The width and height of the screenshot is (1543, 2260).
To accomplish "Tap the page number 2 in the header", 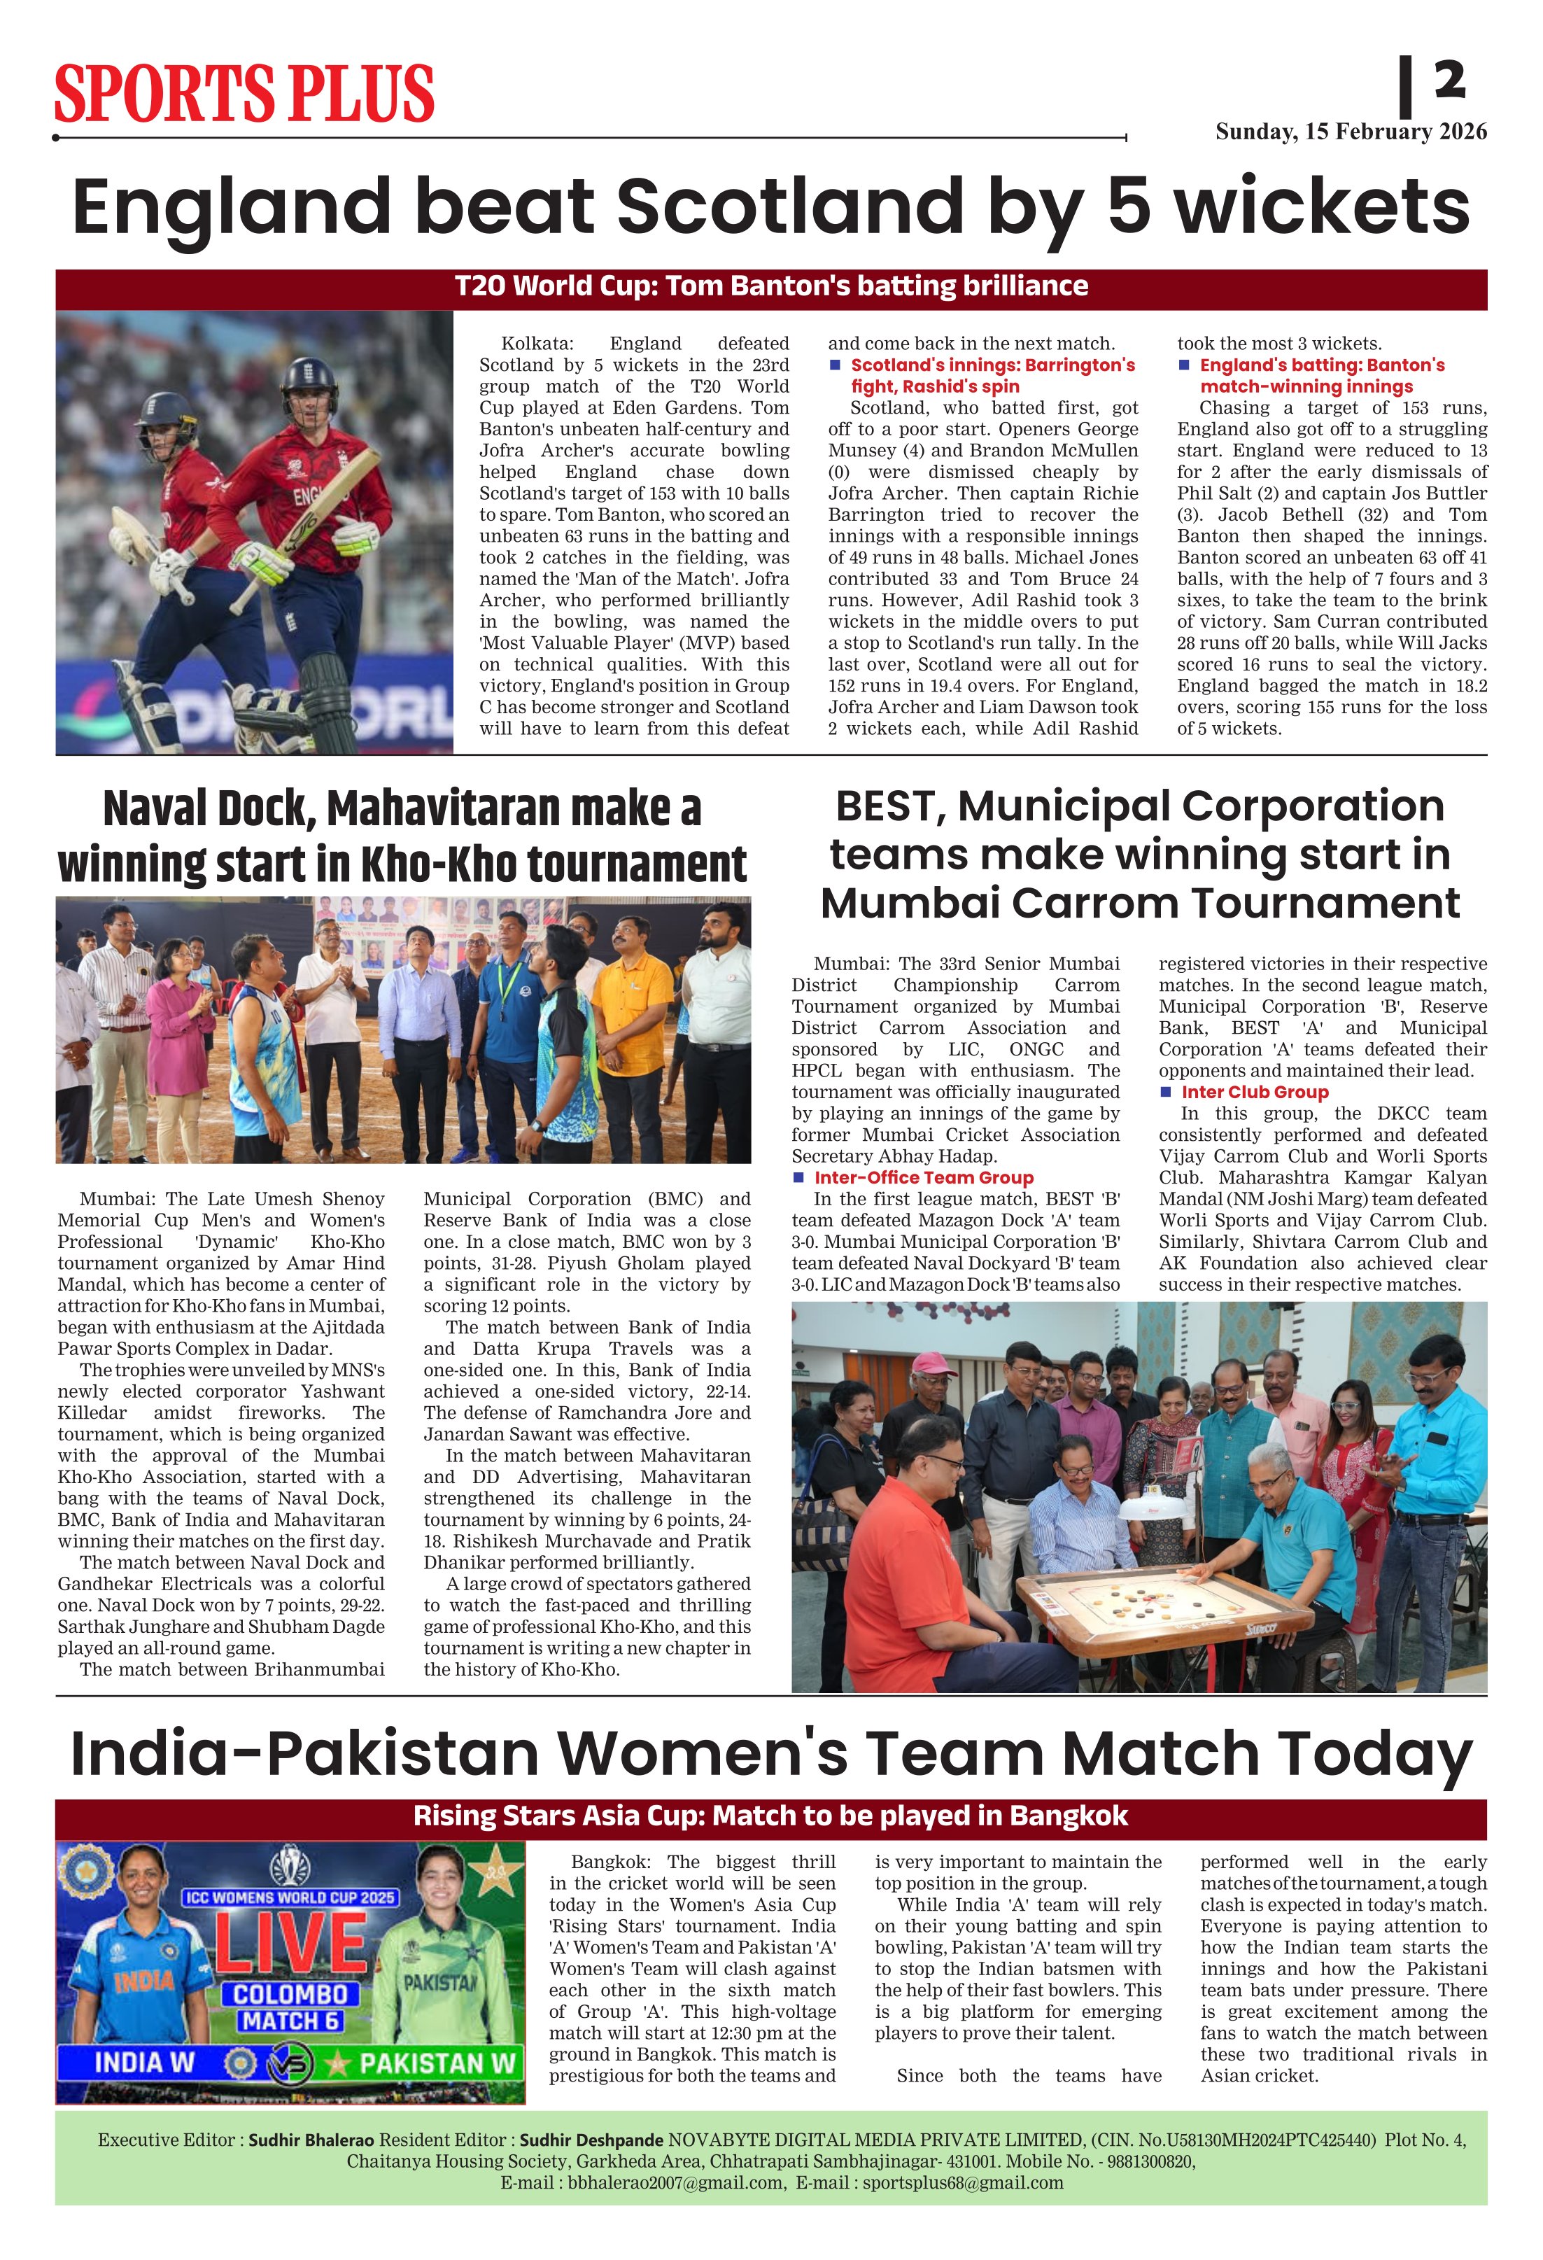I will click(x=1449, y=80).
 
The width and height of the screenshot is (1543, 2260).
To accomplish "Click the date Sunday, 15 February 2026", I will click(x=1351, y=132).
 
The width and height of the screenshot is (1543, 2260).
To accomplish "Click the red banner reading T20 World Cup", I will click(x=771, y=286).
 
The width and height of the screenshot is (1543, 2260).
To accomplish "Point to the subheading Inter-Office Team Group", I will click(x=923, y=1178).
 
